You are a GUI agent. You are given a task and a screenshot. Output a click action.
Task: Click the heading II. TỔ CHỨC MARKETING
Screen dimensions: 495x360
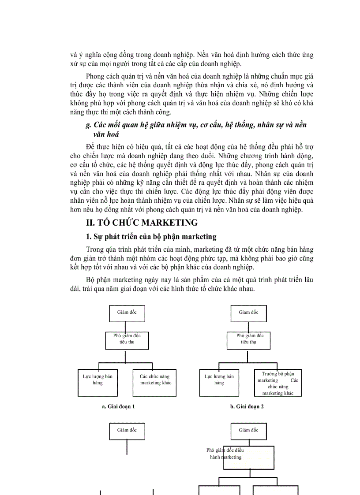[x=142, y=222]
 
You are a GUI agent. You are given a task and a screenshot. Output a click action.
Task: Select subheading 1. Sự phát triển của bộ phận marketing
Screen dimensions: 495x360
[x=151, y=237]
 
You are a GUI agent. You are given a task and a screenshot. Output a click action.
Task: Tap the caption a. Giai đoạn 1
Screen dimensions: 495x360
[x=118, y=406]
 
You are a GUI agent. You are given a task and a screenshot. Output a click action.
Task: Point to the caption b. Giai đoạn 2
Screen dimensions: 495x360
[x=247, y=406]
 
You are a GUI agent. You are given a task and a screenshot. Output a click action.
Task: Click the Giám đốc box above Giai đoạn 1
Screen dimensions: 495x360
[x=127, y=313]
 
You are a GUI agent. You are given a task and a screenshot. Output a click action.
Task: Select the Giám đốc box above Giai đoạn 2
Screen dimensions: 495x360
[x=249, y=313]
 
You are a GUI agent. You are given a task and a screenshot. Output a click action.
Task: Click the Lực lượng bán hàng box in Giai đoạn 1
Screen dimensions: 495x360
[x=97, y=382]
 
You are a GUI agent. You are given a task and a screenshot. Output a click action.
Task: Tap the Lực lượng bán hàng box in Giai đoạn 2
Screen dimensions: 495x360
[x=219, y=382]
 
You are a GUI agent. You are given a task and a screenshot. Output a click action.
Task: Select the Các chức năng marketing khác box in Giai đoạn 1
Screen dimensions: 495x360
[x=154, y=382]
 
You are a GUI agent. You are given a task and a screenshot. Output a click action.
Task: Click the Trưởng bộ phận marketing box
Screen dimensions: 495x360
[x=277, y=383]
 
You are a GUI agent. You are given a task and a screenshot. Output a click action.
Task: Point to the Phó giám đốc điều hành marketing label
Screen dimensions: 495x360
[x=225, y=454]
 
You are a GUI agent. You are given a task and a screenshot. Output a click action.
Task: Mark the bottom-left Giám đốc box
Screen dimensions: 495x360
[x=127, y=431]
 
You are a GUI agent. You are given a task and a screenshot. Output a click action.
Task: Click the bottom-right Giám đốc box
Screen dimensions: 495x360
[x=249, y=431]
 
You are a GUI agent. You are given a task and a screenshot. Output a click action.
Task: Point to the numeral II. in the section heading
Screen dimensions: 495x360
[x=91, y=222]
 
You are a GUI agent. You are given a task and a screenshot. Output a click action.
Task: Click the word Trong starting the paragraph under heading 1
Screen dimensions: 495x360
[x=95, y=249]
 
